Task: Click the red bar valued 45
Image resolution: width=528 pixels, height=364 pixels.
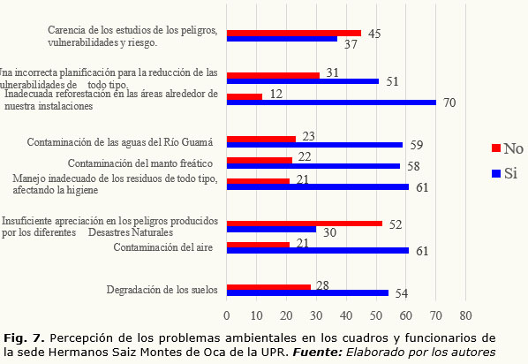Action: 294,33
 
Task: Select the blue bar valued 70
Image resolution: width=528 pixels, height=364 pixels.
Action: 331,102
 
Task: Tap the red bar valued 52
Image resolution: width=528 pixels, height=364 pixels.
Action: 305,224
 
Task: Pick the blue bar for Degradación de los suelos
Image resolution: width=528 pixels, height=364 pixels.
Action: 307,293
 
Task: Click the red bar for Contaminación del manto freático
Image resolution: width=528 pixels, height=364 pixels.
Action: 260,160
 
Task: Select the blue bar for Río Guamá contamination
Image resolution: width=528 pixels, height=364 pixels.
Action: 314,145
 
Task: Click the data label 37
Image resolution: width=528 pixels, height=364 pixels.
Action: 351,44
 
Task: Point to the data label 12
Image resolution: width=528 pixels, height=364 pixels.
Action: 276,94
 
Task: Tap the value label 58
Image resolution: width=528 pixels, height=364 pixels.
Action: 413,166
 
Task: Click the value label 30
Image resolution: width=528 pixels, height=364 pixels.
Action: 329,232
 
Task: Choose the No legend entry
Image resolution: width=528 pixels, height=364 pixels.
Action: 508,148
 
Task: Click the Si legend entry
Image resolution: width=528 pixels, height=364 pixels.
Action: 504,173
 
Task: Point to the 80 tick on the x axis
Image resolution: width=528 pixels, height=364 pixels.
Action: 465,315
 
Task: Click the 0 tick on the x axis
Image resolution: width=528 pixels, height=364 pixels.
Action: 227,315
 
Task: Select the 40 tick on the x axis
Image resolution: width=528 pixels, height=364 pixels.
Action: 346,315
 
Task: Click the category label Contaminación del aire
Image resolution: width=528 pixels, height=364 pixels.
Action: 163,247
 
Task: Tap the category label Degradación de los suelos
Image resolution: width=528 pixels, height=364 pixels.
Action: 162,290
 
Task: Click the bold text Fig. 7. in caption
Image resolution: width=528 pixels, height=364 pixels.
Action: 24,337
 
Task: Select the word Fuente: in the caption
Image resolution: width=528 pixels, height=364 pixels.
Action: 318,353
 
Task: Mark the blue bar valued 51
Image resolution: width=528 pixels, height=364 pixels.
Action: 303,81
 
